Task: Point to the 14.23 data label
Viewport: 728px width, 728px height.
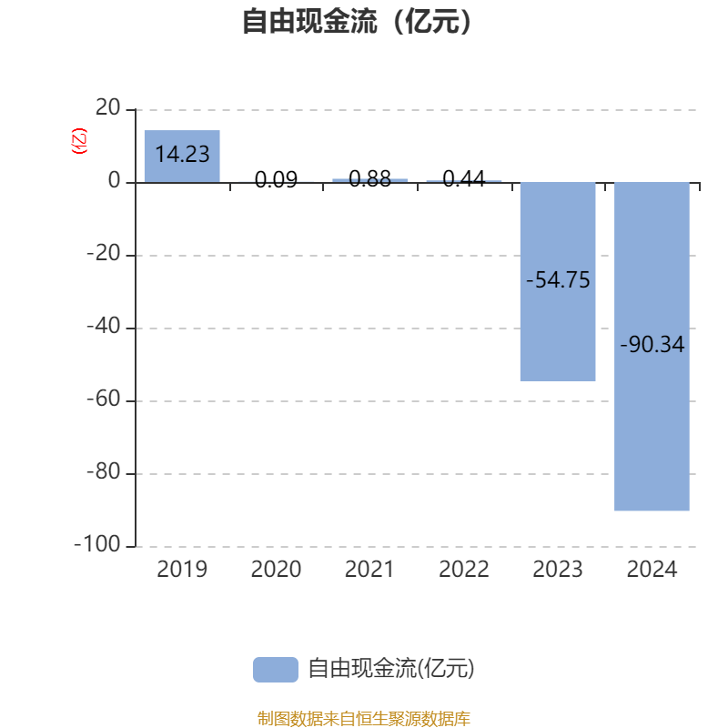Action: point(182,155)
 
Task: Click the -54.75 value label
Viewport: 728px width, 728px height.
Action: point(558,280)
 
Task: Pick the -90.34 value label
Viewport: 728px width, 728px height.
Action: point(652,345)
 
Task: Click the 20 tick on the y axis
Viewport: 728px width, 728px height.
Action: point(108,108)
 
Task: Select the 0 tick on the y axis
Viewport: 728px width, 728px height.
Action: point(115,182)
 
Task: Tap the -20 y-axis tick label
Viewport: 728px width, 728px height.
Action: point(103,255)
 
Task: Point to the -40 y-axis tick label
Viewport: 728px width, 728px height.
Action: point(103,328)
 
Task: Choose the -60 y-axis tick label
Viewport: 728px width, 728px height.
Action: point(103,400)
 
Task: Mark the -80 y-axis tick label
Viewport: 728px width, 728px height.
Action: point(103,473)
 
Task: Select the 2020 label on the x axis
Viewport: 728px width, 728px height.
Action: point(276,570)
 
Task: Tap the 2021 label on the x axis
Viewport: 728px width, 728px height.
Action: point(369,570)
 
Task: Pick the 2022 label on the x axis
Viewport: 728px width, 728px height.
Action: point(464,570)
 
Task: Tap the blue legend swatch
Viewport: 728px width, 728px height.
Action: point(275,669)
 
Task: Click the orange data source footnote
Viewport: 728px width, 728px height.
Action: point(363,719)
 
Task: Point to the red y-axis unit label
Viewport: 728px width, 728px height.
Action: point(79,141)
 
